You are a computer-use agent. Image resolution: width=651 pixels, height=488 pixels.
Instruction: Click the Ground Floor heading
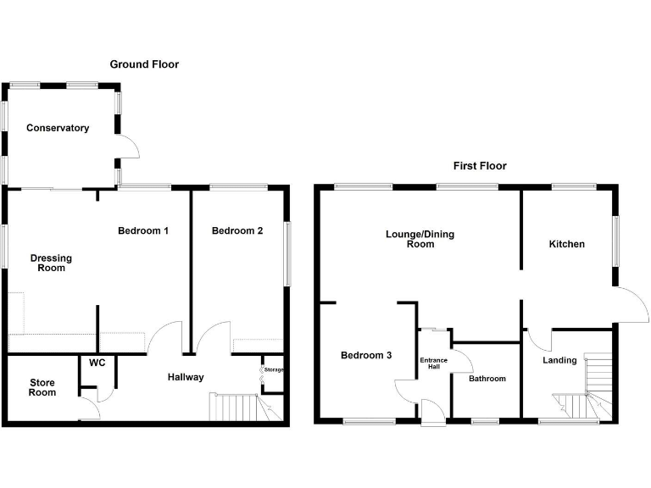pos(144,64)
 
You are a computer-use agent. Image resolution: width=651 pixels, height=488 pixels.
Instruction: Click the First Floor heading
pos(480,166)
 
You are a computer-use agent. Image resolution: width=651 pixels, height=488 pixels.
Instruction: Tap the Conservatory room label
pos(58,128)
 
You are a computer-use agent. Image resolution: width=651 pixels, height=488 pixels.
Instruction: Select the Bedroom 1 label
pos(143,230)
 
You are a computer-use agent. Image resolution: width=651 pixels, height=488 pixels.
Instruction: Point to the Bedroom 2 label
pos(237,230)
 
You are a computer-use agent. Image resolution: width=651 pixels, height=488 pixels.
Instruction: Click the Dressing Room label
pos(51,263)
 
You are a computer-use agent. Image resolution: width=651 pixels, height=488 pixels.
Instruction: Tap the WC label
pos(97,363)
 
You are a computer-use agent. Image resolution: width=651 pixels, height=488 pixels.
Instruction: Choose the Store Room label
pos(42,387)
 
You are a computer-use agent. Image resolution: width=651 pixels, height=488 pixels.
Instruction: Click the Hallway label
pos(186,377)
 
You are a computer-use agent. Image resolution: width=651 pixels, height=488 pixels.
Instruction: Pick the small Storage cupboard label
pos(274,369)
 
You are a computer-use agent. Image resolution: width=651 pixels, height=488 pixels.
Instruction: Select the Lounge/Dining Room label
pos(420,239)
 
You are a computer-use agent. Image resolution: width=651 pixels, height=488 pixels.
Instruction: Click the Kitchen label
pos(567,244)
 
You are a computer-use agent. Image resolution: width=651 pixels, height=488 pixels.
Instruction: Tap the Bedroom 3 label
pos(366,355)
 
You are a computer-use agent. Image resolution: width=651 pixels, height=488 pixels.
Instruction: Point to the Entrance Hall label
pos(433,363)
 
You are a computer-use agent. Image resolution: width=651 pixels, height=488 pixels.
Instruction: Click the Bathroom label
pos(487,379)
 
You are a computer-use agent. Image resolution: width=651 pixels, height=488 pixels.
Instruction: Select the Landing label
pos(559,360)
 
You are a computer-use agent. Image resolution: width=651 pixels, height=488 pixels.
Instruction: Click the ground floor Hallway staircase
pos(246,407)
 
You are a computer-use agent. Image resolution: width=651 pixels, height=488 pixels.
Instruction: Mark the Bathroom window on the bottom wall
pos(485,422)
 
